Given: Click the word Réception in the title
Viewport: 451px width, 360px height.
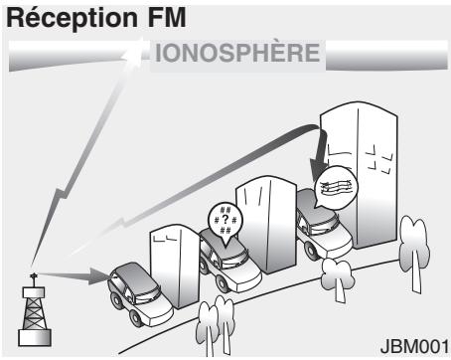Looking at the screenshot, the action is click(72, 18).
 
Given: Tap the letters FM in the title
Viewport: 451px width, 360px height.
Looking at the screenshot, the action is click(167, 17).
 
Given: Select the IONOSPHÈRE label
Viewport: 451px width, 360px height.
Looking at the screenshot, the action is click(237, 53).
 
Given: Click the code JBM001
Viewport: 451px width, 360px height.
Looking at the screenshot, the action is click(414, 346).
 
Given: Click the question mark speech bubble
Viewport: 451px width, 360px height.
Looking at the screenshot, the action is click(225, 221).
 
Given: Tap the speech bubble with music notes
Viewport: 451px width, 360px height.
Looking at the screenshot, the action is click(336, 187).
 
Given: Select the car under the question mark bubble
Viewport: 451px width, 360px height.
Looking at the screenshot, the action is click(229, 262).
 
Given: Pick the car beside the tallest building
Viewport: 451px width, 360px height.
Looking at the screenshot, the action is click(323, 226).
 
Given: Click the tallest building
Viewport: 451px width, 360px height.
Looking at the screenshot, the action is click(360, 175).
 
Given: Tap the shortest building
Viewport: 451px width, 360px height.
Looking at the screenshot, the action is click(175, 267).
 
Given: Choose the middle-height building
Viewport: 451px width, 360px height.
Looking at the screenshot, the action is click(266, 224).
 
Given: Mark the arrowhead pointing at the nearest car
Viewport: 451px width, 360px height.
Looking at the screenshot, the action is click(100, 275).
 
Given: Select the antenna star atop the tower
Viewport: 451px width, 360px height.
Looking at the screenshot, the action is click(33, 275).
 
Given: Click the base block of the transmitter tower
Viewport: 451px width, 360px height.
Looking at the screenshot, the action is click(35, 338).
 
